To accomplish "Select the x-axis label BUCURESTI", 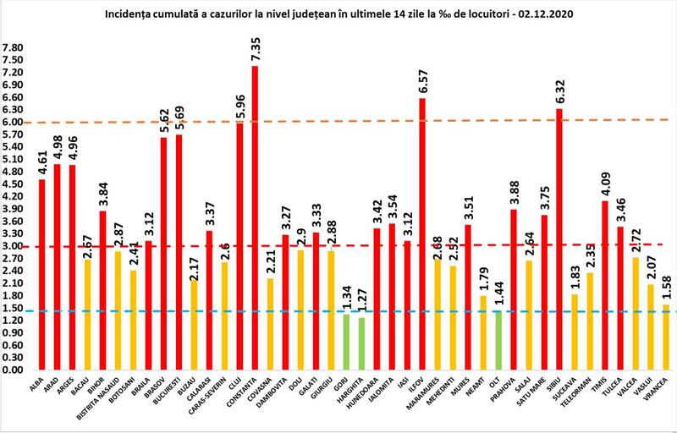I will point(176,401).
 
